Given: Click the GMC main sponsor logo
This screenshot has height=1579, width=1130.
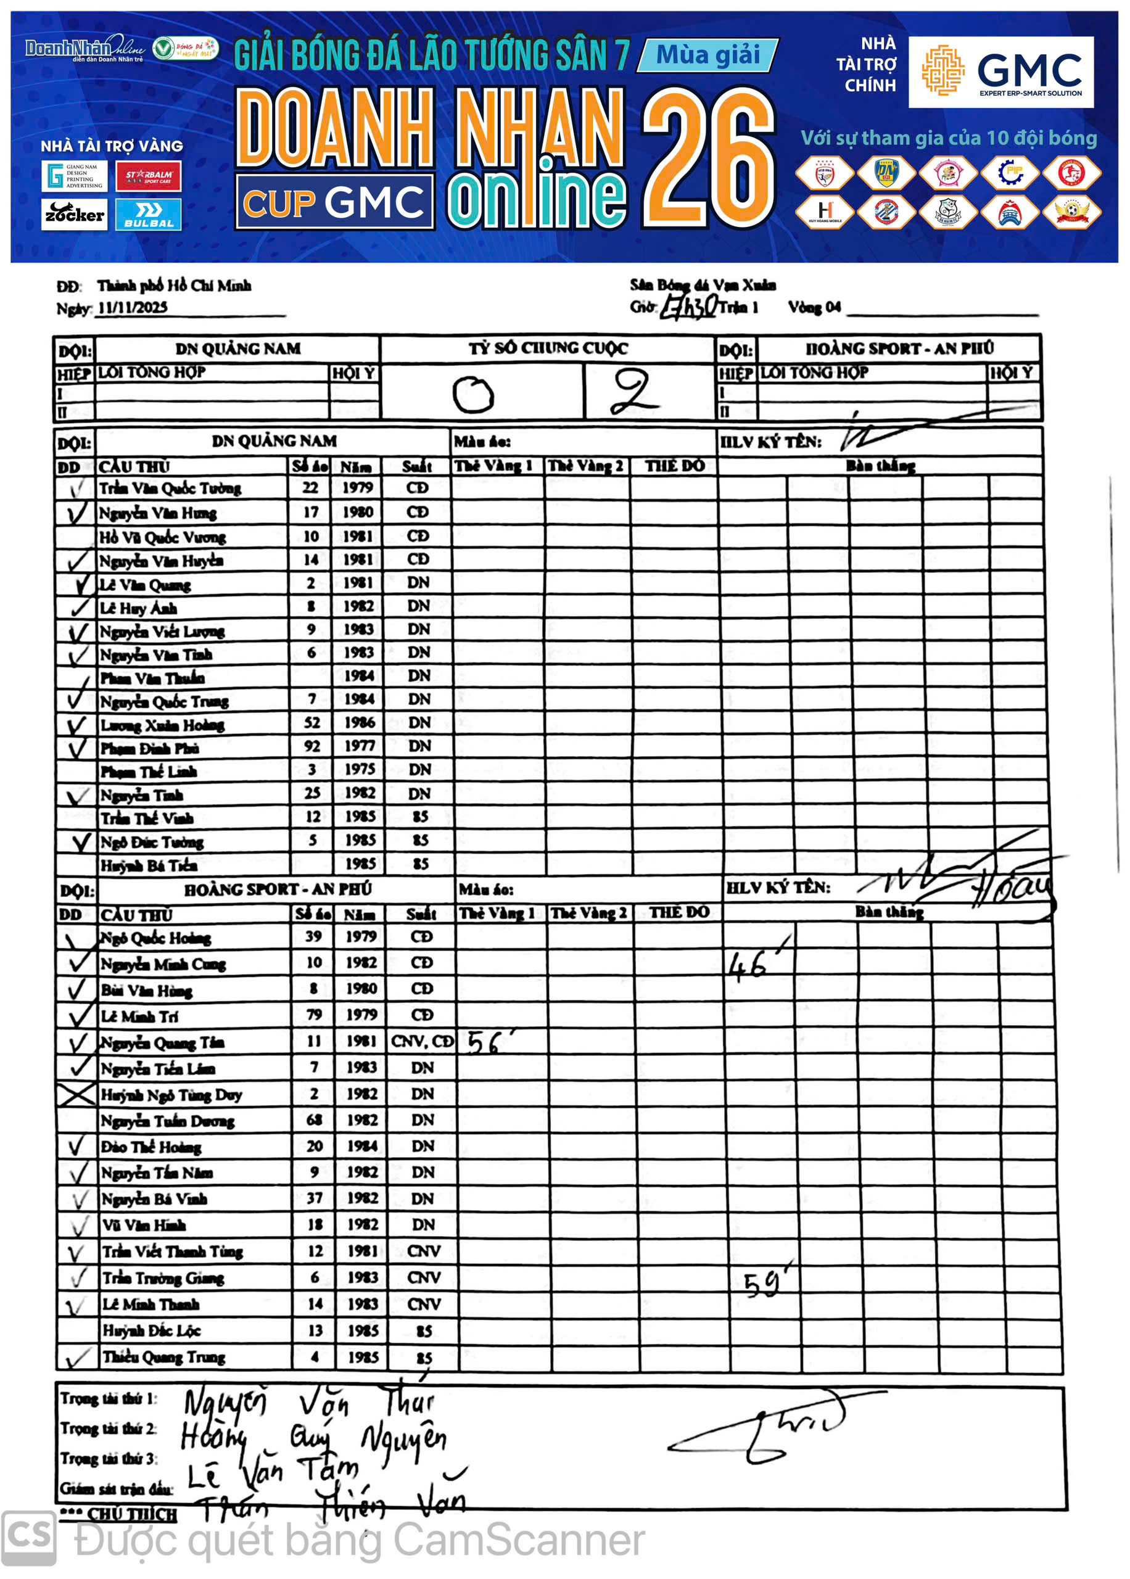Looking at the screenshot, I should (x=1000, y=72).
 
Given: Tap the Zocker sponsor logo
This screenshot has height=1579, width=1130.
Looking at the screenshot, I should (x=74, y=214).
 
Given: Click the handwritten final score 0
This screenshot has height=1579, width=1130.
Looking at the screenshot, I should (x=473, y=394).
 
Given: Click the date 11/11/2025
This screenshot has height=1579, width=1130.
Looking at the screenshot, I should (x=132, y=307).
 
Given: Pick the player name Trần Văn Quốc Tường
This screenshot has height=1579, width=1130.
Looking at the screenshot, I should (x=170, y=489).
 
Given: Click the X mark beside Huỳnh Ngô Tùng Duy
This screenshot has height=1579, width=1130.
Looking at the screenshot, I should (x=76, y=1095).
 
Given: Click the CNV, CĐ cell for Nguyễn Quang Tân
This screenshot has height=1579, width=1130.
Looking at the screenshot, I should (x=422, y=1041).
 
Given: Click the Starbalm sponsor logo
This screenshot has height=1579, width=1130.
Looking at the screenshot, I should (x=148, y=176).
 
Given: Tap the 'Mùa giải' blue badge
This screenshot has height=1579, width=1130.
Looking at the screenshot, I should (x=707, y=55).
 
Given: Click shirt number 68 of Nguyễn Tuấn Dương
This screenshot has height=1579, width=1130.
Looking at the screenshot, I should (x=315, y=1120).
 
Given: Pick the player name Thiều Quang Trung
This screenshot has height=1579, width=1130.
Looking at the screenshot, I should (x=164, y=1357).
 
